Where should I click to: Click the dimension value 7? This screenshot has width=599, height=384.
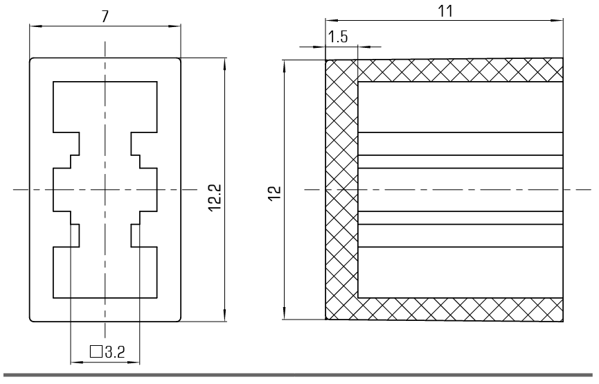point(105,17)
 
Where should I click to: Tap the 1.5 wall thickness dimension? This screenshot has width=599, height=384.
point(339,37)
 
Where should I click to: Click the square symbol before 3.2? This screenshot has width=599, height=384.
point(96,351)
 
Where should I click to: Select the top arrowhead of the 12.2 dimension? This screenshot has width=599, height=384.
point(225,63)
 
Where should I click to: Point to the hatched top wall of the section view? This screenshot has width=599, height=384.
point(457,70)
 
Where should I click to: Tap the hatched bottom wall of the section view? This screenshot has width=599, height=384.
point(457,309)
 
